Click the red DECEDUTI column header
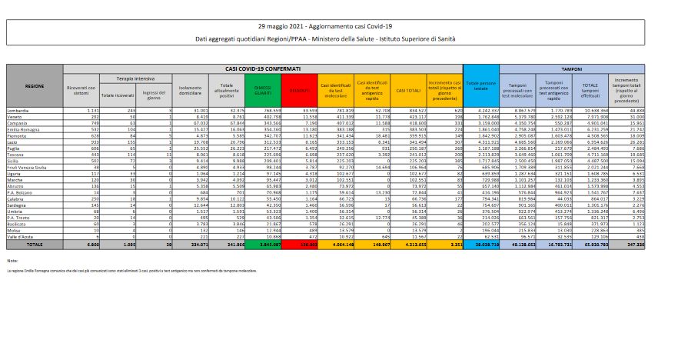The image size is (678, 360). point(300,90)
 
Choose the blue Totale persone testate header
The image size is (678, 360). point(481,87)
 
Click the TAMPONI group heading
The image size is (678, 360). point(571,68)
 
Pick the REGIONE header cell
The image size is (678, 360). point(34,85)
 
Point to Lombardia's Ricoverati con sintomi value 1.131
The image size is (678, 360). point(89,111)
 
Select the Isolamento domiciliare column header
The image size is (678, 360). point(186,90)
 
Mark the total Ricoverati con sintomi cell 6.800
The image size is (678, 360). point(89,243)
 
